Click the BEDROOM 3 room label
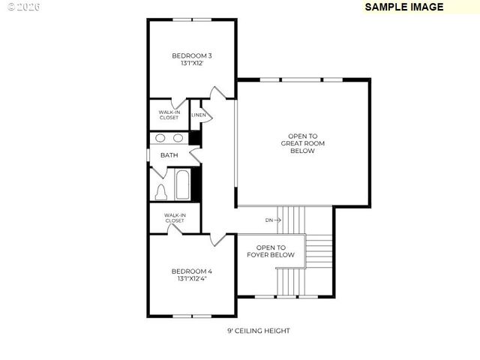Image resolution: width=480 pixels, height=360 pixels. [192, 55]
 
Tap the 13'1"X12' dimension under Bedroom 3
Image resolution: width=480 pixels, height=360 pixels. [192, 64]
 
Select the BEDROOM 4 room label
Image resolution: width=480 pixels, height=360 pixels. [192, 271]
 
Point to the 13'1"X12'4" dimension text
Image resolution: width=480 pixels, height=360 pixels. [192, 279]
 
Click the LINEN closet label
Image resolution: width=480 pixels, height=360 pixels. [198, 115]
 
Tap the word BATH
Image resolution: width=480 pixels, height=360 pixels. [169, 155]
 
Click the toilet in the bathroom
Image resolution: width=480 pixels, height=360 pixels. [161, 192]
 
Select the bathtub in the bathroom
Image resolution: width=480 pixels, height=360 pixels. [182, 185]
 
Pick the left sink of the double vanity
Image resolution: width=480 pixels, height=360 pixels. [160, 138]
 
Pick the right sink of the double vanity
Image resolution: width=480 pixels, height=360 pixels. [178, 138]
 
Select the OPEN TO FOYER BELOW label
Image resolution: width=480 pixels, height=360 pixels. [271, 251]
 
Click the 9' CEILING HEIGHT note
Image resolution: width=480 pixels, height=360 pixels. [259, 331]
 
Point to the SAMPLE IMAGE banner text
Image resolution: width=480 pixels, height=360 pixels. [403, 7]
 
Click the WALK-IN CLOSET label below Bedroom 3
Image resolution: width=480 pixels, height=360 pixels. [169, 115]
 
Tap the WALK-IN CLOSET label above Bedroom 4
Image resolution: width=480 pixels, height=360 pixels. [175, 218]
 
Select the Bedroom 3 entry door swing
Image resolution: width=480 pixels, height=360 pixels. [217, 94]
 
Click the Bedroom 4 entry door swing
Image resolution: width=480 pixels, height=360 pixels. [217, 239]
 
